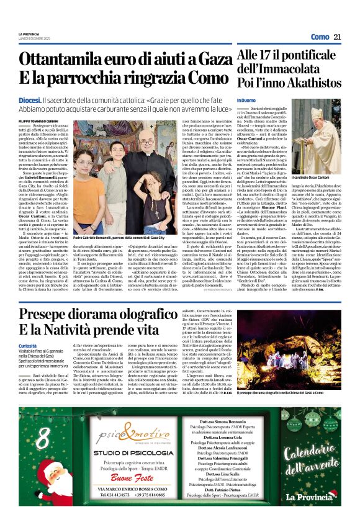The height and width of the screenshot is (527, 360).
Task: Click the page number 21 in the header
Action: coord(338,37)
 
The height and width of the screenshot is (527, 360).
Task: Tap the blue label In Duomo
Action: coord(246,101)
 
